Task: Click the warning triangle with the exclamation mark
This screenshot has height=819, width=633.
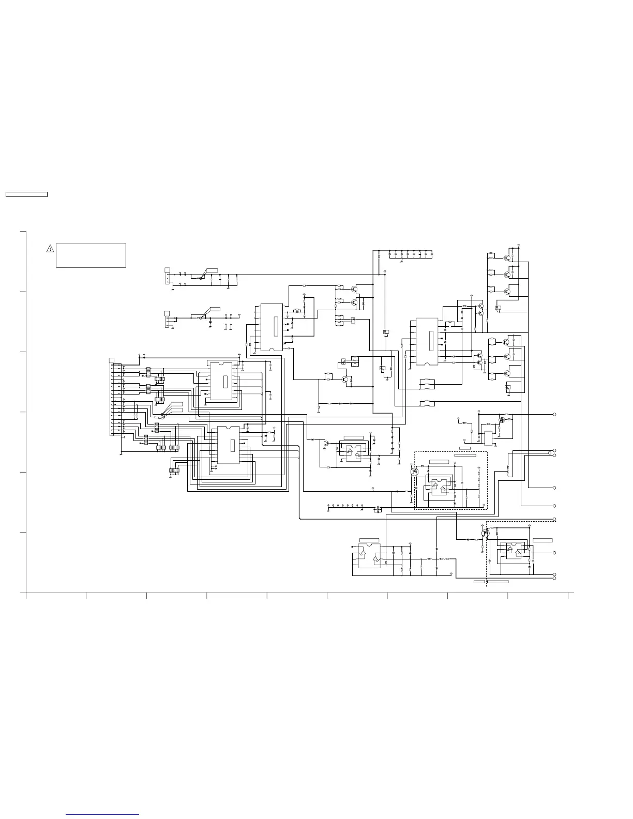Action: (50, 249)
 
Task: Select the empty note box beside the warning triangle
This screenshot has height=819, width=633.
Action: (91, 255)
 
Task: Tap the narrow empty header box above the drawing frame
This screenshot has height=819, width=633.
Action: (26, 194)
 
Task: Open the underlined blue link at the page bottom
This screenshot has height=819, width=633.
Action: (102, 815)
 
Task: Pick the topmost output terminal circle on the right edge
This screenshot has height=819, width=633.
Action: (554, 414)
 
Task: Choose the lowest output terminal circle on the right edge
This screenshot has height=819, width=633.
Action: (554, 578)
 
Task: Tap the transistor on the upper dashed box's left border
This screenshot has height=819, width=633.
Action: (414, 471)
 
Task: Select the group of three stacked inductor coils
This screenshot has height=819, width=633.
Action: (427, 384)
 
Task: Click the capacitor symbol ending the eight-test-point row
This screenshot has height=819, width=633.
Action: (377, 509)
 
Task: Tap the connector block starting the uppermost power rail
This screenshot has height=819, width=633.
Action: (167, 277)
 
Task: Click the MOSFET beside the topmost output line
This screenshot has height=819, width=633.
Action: (501, 420)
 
